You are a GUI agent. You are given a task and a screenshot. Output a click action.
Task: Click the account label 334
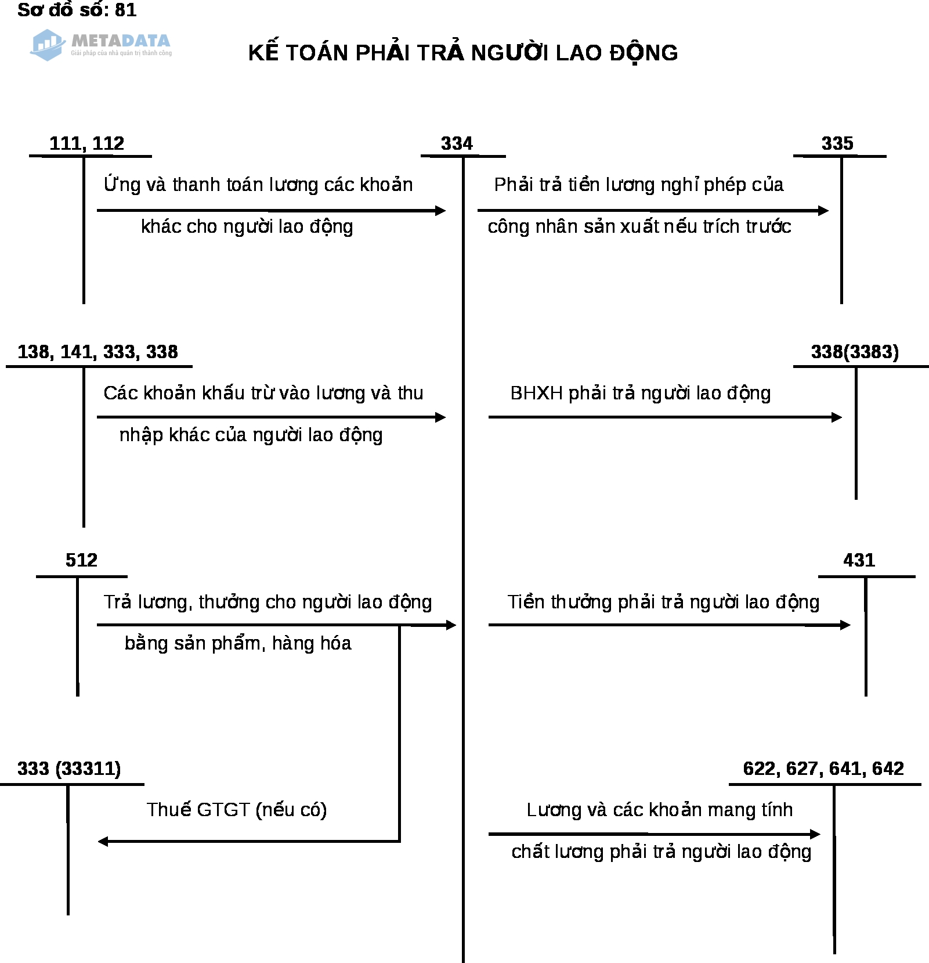[457, 143]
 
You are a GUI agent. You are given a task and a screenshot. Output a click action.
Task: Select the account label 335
[837, 143]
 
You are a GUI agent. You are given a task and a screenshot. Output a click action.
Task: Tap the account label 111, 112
[87, 143]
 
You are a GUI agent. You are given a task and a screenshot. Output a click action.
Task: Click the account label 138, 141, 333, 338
[97, 352]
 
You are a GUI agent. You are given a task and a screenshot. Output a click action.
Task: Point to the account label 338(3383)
[855, 352]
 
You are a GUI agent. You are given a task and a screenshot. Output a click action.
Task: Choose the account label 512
[81, 560]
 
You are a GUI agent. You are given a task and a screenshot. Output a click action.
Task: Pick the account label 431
[859, 560]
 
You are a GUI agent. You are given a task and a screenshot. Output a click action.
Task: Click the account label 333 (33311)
[69, 769]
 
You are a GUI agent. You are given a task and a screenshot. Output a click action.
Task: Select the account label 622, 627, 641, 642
[823, 769]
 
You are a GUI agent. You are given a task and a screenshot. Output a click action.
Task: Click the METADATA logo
[102, 45]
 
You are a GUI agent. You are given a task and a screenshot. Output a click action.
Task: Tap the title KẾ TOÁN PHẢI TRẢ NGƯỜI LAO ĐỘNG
[463, 53]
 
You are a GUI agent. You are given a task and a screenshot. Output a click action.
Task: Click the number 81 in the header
[126, 10]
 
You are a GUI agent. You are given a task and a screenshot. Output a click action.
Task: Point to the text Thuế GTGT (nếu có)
[237, 810]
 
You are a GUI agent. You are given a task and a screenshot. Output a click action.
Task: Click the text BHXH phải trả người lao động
[641, 393]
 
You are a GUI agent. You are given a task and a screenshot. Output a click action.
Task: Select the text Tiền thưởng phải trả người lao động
[663, 602]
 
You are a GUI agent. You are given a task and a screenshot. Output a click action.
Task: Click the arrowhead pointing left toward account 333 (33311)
[103, 841]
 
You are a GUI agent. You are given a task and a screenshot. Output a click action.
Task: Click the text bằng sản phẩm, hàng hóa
[238, 643]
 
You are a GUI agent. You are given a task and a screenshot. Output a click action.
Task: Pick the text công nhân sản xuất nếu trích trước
[639, 226]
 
